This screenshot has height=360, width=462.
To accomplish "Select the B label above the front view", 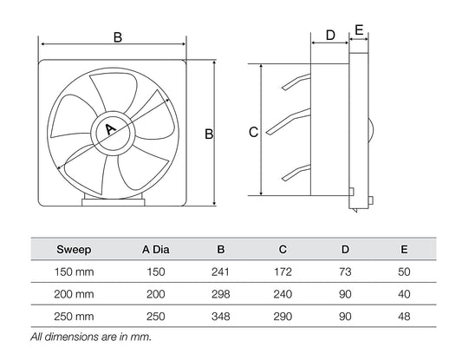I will click(117, 37).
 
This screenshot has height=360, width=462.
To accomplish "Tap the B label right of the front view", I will click(209, 134).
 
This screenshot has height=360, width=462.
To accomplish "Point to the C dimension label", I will click(252, 133).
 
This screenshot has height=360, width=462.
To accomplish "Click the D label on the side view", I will click(329, 35).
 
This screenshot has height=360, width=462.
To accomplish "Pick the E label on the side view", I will click(359, 29).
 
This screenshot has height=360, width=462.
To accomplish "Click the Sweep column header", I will click(74, 250).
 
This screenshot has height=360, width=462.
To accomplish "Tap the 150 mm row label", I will click(74, 272).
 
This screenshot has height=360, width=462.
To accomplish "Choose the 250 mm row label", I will click(74, 316).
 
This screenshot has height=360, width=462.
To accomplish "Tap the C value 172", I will click(282, 272).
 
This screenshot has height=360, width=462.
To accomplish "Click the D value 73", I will click(344, 272).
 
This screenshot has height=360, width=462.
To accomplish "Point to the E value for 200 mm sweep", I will click(405, 294).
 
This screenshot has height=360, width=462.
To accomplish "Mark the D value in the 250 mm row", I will click(344, 316).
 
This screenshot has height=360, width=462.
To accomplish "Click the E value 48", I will click(405, 316).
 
